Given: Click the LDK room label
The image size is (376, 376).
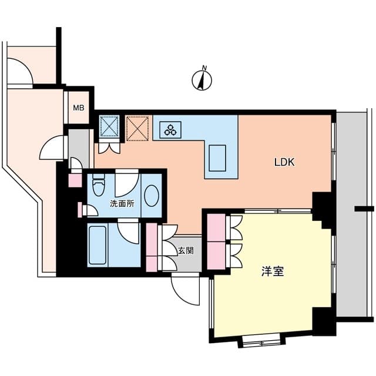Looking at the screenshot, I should point(284,163).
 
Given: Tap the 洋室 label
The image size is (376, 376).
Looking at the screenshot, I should point(273,272).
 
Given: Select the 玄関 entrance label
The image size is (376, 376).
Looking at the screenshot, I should point(186,250).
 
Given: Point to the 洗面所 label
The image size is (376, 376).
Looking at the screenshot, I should point(123,204).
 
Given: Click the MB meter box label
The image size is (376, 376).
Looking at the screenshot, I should point(78,108).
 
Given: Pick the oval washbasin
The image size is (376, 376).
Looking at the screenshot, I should point(150,196).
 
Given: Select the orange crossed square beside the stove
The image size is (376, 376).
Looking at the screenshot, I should point(138,129).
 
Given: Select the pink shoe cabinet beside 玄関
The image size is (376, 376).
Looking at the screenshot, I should point(152,247).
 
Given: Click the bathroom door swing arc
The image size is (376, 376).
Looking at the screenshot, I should point(129,229).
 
